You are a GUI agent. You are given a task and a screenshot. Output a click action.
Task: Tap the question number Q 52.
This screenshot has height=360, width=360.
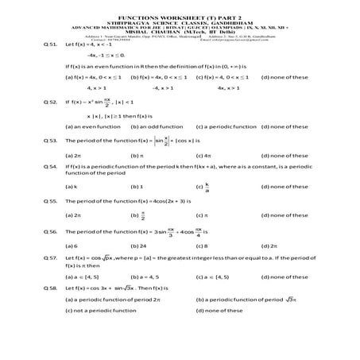pos(49,103)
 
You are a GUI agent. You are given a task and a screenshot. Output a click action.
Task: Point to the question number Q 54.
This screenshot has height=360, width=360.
pos(49,168)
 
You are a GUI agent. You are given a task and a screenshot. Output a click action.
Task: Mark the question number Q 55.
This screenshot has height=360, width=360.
pos(49,202)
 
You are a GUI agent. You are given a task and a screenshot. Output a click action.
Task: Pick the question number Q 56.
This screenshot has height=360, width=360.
pos(49,233)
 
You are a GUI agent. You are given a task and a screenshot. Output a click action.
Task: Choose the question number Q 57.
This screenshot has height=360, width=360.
pos(49,259)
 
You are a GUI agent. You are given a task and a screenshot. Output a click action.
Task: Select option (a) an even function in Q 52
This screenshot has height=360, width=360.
pos(91,126)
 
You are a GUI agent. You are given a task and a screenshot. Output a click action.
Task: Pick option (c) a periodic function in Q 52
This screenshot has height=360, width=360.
pos(227,126)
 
